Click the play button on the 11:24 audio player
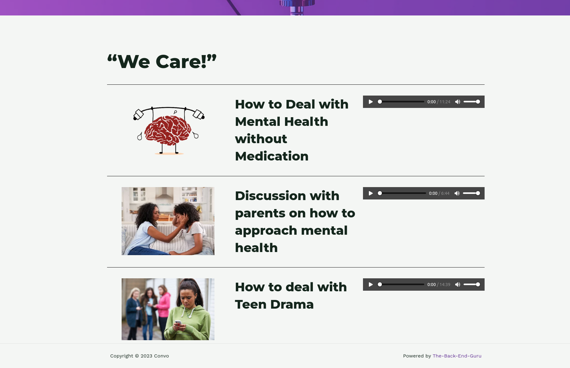click(371, 102)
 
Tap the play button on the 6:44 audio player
click(371, 193)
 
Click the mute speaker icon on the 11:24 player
click(458, 102)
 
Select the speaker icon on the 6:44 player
click(457, 193)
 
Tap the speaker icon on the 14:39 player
click(458, 285)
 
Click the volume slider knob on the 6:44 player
click(478, 193)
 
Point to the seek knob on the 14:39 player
click(380, 285)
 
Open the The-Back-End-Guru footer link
click(457, 356)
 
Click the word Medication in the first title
click(272, 156)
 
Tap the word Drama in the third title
click(292, 305)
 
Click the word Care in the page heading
click(178, 62)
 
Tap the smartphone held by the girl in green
click(178, 323)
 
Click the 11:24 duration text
click(445, 102)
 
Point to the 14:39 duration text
click(445, 285)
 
